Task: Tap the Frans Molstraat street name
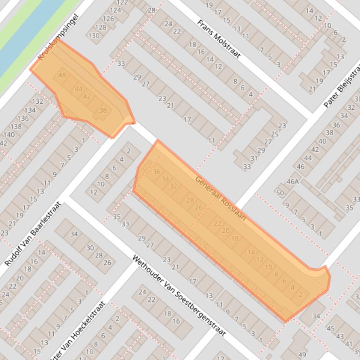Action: (x=219, y=39)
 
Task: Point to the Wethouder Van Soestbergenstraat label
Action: (x=179, y=295)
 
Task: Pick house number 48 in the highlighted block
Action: (x=62, y=75)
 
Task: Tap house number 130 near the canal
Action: (x=94, y=35)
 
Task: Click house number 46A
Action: (x=293, y=181)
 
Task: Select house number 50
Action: (x=280, y=193)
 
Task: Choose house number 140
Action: (x=8, y=135)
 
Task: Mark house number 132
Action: (x=37, y=101)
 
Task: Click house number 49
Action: (x=302, y=354)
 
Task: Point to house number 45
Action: (x=331, y=329)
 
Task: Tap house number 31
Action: (x=254, y=158)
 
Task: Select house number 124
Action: (x=115, y=10)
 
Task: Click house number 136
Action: (x=23, y=118)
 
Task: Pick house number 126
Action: (x=108, y=19)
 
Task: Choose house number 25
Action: (x=274, y=134)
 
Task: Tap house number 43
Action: (x=340, y=336)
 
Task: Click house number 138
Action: (x=16, y=127)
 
